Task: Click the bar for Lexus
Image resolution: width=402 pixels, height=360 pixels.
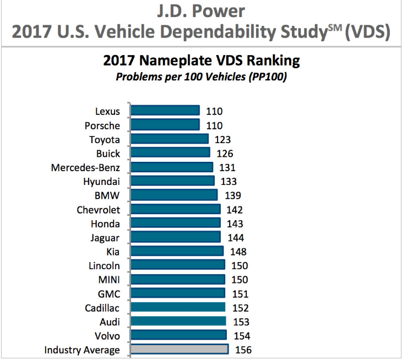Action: (165, 111)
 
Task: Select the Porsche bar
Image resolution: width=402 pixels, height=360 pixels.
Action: (165, 126)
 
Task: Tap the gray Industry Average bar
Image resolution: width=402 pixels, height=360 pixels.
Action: (179, 350)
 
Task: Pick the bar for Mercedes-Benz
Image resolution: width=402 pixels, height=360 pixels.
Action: (172, 167)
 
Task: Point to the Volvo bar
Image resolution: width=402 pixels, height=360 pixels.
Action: (178, 335)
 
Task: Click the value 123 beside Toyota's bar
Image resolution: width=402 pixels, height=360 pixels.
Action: (222, 140)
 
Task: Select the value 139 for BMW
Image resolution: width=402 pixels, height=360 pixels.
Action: (232, 195)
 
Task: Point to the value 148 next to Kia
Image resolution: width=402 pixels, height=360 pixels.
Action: (238, 252)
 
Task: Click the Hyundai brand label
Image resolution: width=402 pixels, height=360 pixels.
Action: (101, 181)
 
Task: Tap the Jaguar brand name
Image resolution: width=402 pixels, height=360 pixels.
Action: (105, 238)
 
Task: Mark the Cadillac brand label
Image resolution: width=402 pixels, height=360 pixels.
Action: (102, 308)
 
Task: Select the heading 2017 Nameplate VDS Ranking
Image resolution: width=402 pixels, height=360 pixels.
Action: (201, 60)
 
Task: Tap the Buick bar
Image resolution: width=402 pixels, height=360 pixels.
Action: (170, 153)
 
